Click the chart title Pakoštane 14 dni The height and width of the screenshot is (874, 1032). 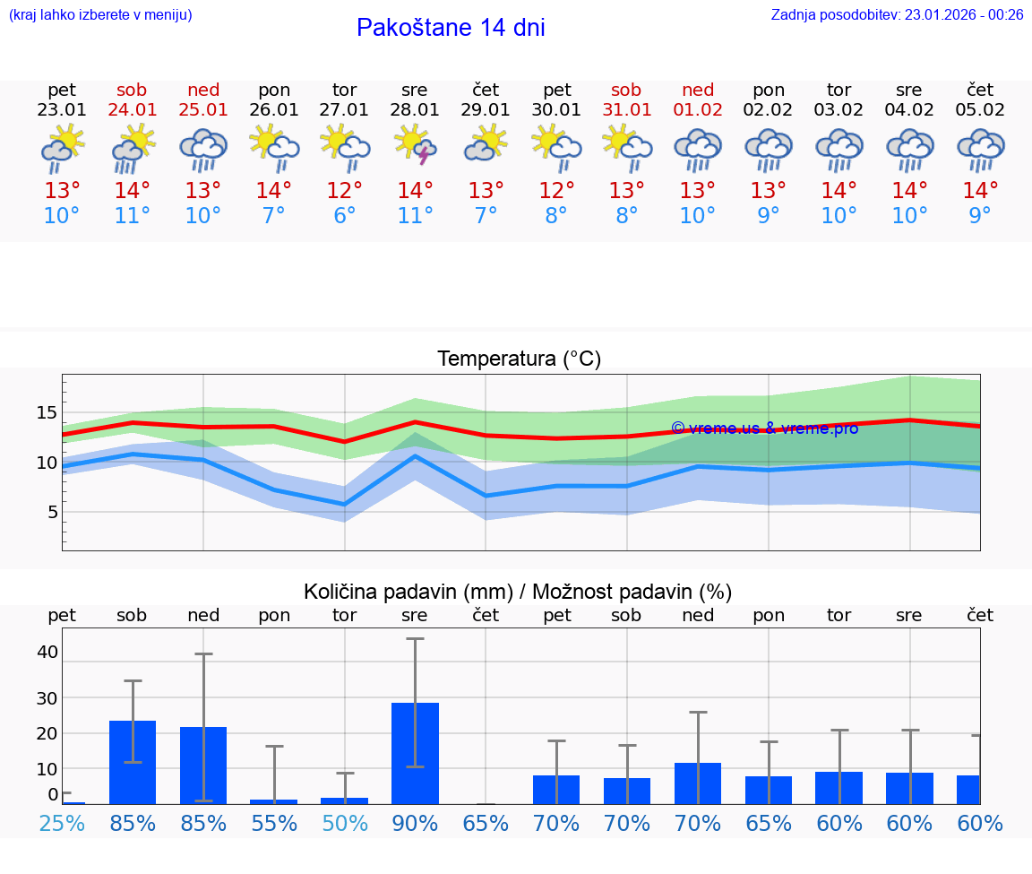tap(451, 28)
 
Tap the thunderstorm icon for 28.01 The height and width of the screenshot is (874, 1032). tap(415, 145)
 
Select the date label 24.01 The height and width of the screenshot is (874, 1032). tap(133, 110)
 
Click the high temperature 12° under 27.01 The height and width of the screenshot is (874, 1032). tap(344, 191)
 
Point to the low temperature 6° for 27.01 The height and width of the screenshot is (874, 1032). tap(344, 216)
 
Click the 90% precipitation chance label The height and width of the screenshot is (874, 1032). tap(415, 823)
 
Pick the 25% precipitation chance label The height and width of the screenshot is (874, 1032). tap(62, 823)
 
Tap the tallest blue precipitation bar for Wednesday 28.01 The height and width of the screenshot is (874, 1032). tap(415, 753)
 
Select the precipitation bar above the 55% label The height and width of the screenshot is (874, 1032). tap(273, 801)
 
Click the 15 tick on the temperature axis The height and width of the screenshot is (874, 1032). tap(47, 413)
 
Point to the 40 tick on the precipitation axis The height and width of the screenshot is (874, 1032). tap(47, 652)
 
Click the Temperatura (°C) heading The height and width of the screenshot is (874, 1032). tap(519, 359)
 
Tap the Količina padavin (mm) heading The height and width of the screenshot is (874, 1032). tap(408, 592)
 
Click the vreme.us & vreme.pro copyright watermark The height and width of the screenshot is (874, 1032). tap(764, 428)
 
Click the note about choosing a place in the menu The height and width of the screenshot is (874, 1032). tap(99, 14)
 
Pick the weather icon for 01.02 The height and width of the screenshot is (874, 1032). tap(698, 149)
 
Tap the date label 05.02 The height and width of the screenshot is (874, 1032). tap(980, 110)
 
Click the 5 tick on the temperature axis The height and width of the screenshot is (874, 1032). tap(52, 513)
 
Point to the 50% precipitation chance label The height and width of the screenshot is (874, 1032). tap(344, 823)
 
